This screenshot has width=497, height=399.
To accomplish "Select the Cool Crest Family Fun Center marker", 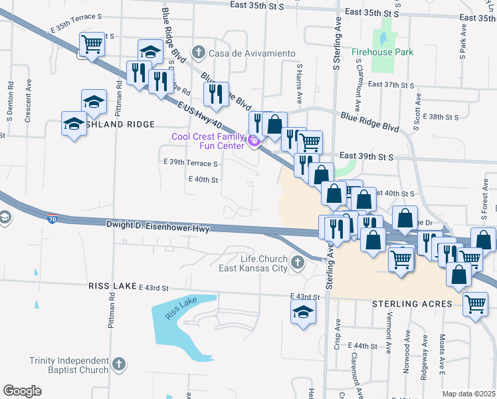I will pos(252,140).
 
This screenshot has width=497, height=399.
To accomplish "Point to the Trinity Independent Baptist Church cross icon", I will pos(118,364).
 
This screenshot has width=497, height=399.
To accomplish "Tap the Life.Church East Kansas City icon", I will pos(297,263).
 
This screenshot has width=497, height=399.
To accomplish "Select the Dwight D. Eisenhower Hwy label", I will pos(158,227).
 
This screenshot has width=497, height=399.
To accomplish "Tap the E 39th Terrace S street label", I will pos(190,163).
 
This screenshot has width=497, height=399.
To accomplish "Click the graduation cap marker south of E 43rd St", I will pos(303,312).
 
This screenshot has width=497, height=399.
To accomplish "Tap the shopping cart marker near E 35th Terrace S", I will pos(92,45).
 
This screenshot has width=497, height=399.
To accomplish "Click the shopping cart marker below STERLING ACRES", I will pos(475,305).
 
